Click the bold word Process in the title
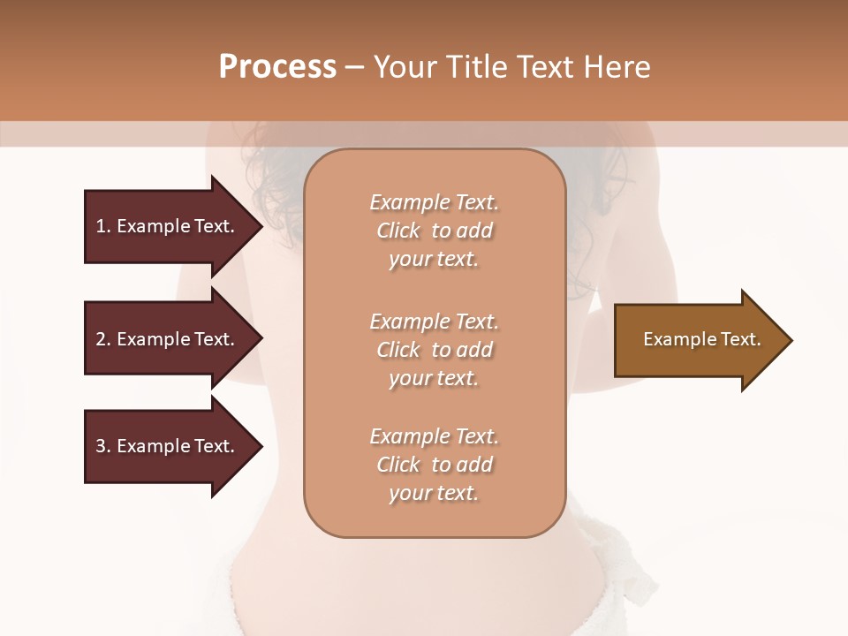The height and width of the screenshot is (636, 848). coord(277,66)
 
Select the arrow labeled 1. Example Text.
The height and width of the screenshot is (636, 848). coord(168,226)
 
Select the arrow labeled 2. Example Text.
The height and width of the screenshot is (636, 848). coord(168,339)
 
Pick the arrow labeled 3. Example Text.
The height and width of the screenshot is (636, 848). coord(168,446)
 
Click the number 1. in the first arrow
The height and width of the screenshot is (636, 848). coord(103,226)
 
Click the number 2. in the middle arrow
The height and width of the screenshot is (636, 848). coord(103,339)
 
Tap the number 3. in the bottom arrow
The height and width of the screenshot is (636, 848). coord(103,446)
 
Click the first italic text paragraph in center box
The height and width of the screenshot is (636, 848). coord(434,231)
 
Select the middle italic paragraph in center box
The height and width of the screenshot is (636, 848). coord(434,350)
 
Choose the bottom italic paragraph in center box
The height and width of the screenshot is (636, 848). coord(434,465)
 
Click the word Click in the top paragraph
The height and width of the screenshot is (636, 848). coord(398,231)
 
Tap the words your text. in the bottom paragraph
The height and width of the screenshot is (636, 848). coord(434,493)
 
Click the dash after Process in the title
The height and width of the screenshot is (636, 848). coord(354,67)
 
